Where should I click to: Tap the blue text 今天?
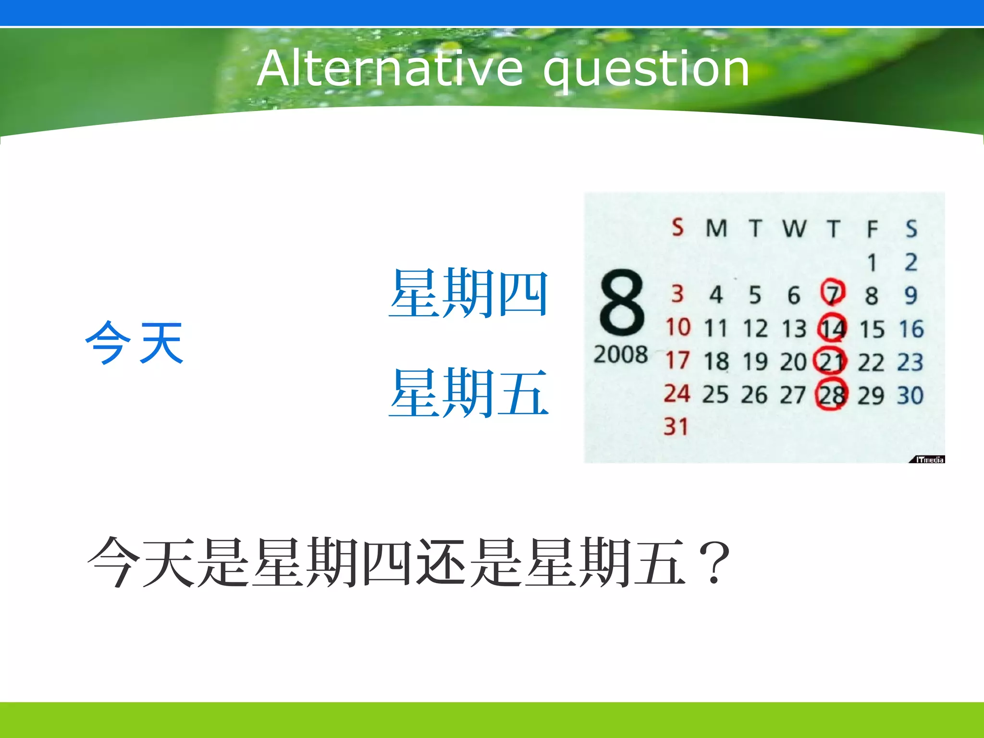pyautogui.click(x=135, y=343)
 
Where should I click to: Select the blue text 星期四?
pyautogui.click(x=468, y=293)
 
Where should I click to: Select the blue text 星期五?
pyautogui.click(x=468, y=393)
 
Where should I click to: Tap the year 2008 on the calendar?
pyautogui.click(x=620, y=355)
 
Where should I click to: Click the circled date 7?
pyautogui.click(x=833, y=293)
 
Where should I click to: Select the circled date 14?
pyautogui.click(x=832, y=329)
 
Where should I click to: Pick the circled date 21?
pyautogui.click(x=831, y=361)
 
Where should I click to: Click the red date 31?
pyautogui.click(x=676, y=427)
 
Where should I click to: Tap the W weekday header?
pyautogui.click(x=794, y=228)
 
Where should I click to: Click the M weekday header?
pyautogui.click(x=716, y=228)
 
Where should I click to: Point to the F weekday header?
pyautogui.click(x=872, y=229)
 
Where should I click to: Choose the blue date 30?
pyautogui.click(x=910, y=395)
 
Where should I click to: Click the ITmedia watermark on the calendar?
pyautogui.click(x=928, y=460)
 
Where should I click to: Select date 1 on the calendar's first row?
pyautogui.click(x=872, y=263)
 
